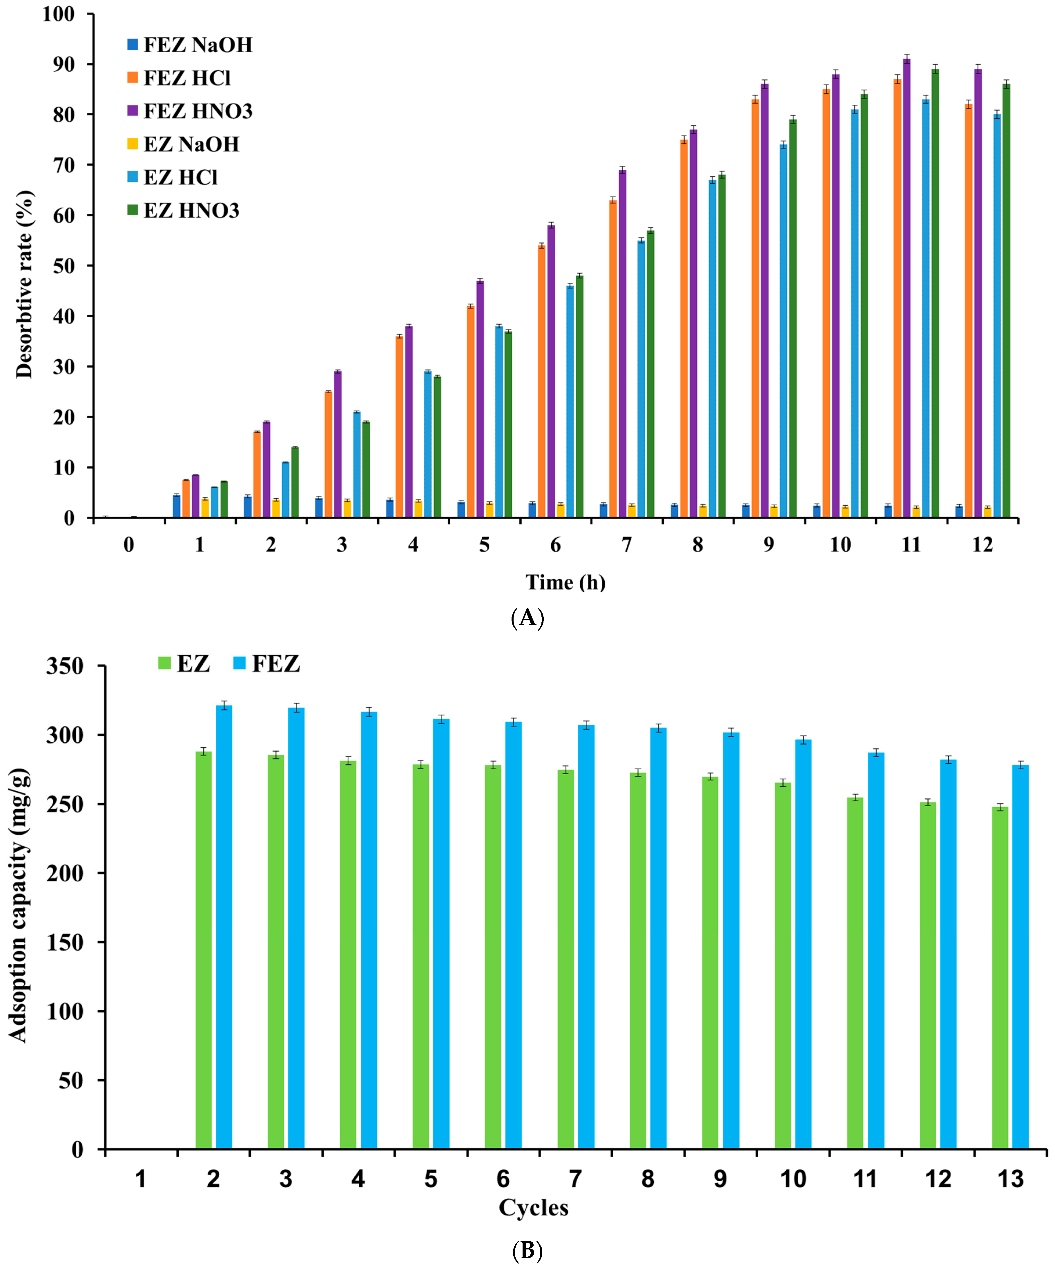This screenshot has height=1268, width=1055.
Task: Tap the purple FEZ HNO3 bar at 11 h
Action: coord(907,290)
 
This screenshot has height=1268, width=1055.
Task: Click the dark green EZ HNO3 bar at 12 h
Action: coord(1006,302)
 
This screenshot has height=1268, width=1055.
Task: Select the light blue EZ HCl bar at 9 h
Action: coord(783,332)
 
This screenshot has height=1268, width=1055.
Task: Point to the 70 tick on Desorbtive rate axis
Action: coord(64,165)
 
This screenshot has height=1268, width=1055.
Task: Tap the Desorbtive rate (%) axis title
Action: coord(24,284)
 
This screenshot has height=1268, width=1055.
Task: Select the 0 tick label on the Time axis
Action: coord(128,545)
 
